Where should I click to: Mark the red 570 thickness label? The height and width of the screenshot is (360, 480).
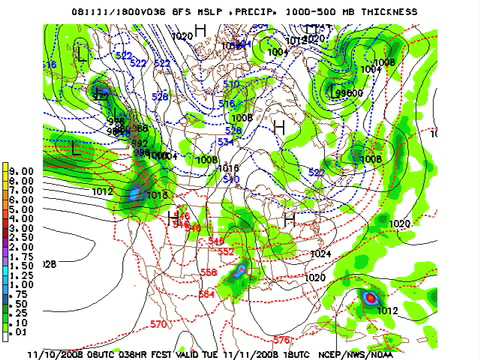point(158,325)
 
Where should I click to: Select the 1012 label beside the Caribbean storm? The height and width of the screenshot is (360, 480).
point(389,311)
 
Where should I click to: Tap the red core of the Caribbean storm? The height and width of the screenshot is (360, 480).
point(371,297)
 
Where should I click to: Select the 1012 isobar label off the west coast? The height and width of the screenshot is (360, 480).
point(102,189)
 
